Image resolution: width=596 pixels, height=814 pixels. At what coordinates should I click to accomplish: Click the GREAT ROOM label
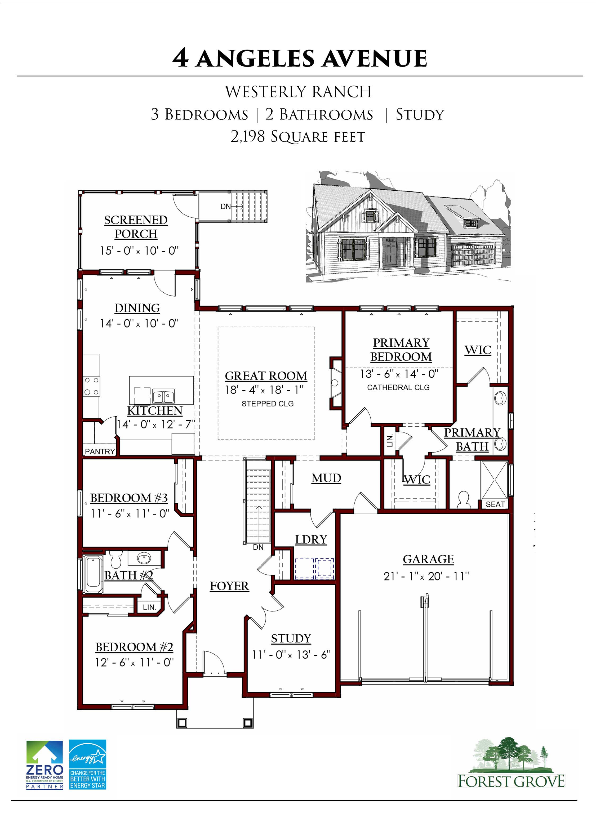[266, 376]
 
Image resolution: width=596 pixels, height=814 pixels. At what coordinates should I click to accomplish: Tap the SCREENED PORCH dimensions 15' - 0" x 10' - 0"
[139, 251]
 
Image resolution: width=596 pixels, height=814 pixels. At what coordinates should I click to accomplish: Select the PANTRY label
[100, 451]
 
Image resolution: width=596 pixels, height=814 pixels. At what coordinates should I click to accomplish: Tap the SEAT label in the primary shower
[495, 504]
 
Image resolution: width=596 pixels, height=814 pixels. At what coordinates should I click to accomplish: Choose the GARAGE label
[428, 559]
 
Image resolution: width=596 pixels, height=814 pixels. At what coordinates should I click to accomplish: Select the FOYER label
[229, 586]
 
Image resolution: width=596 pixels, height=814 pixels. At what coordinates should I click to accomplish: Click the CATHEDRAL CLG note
[398, 387]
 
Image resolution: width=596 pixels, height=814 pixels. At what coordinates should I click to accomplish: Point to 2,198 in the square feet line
[248, 137]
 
